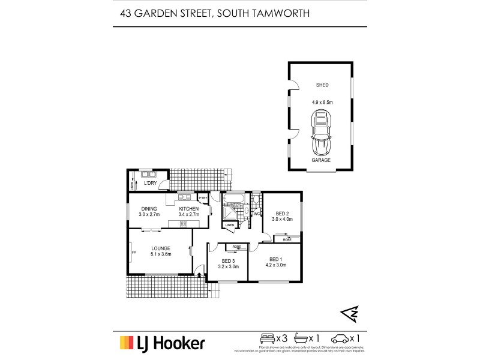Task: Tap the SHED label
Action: point(322,86)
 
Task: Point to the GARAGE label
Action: point(322,160)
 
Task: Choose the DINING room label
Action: point(149,209)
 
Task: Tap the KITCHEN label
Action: point(188,209)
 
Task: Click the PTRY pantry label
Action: point(203,197)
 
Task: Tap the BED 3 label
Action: point(229,261)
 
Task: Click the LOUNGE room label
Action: point(161,248)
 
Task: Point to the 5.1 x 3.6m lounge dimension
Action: point(161,254)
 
